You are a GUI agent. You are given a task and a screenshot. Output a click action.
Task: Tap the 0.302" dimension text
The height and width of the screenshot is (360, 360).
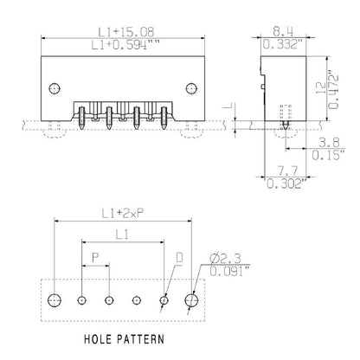pyautogui.click(x=280, y=184)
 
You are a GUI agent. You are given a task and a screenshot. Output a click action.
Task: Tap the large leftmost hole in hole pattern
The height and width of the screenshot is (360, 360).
pyautogui.click(x=55, y=299)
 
